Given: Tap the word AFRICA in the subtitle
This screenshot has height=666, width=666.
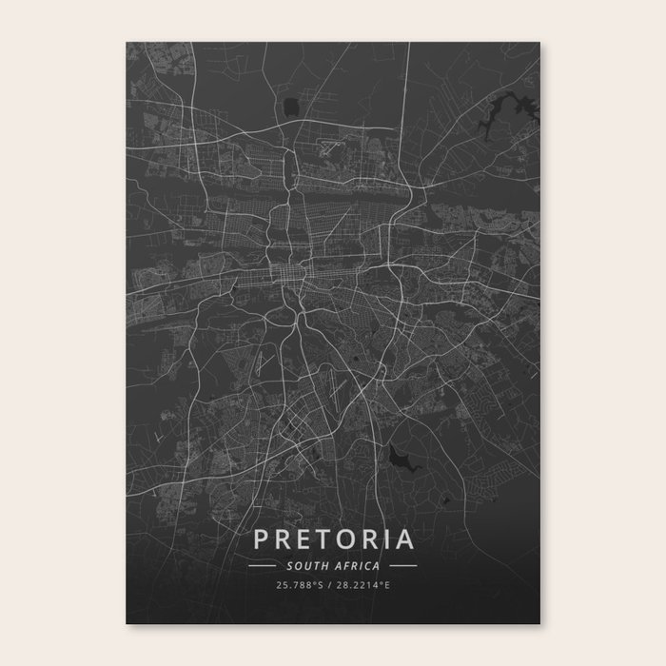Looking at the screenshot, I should pyautogui.click(x=356, y=565).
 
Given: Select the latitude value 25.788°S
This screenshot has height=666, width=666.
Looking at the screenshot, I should pyautogui.click(x=296, y=585).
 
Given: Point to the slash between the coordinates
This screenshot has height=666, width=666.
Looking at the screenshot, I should pyautogui.click(x=328, y=585).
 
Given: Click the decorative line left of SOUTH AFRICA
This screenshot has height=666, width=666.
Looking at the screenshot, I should pyautogui.click(x=262, y=565).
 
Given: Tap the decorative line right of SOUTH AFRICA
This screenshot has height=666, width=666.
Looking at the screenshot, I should pyautogui.click(x=402, y=565).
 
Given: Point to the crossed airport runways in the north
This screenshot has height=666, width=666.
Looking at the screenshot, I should pyautogui.click(x=329, y=147).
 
